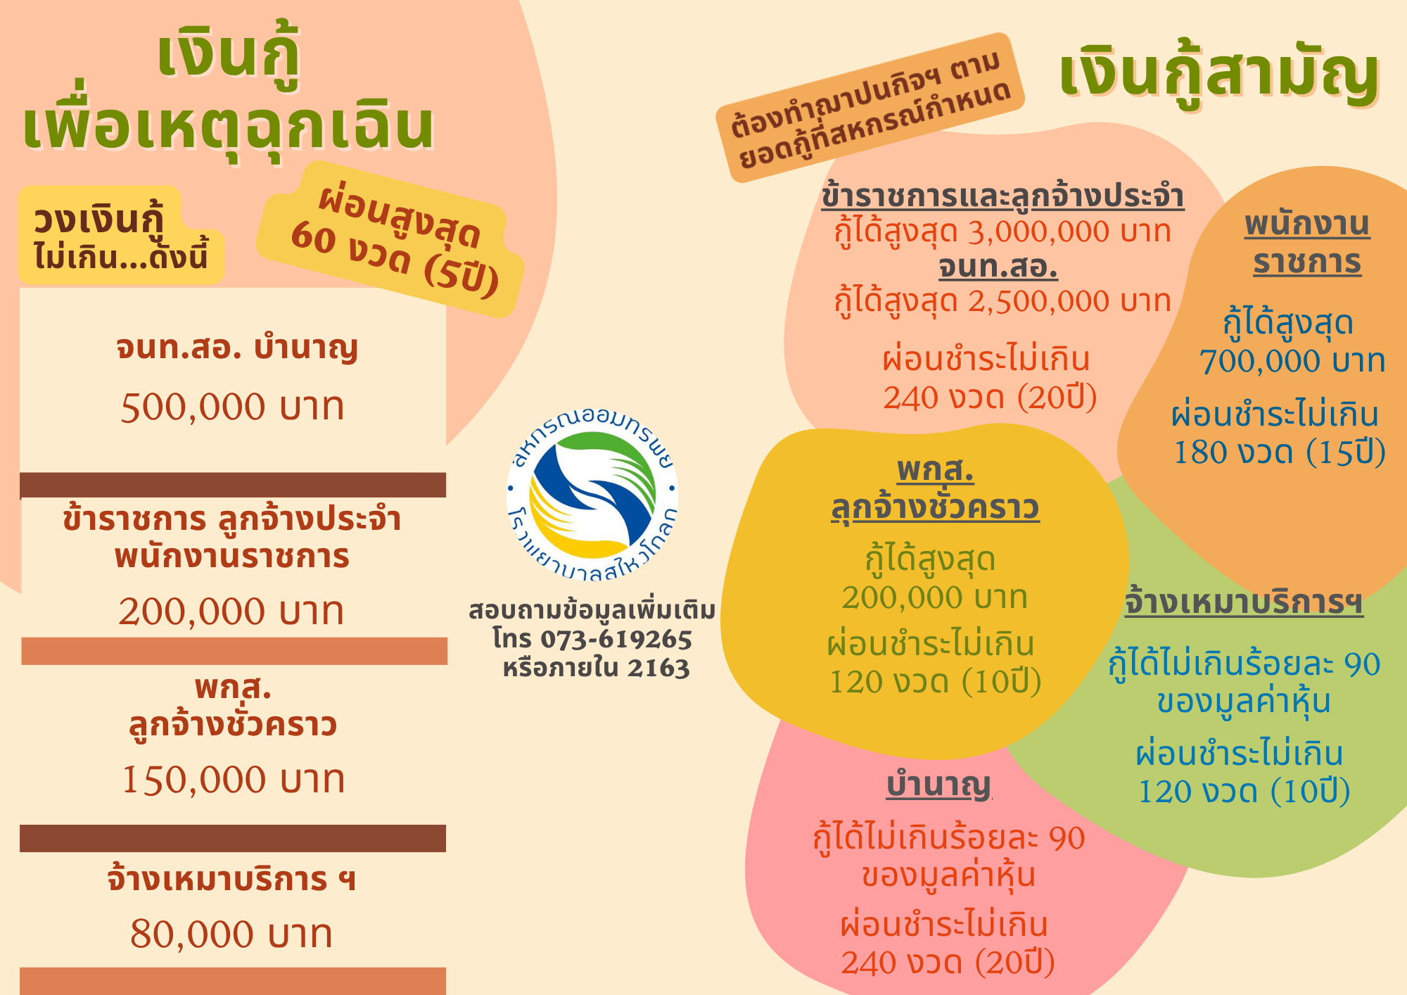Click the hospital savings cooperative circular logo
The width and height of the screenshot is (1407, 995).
tap(592, 495)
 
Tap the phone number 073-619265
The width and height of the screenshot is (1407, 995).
tap(616, 639)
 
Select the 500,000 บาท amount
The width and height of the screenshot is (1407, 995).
tap(232, 407)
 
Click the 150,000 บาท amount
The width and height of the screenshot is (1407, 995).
tap(234, 780)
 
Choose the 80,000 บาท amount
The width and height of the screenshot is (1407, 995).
tap(231, 934)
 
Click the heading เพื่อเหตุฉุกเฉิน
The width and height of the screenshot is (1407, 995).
tap(229, 127)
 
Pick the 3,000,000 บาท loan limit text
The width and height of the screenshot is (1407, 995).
tap(1069, 232)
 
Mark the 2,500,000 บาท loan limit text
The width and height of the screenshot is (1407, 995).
tap(1069, 301)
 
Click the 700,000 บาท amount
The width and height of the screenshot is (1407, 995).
tap(1292, 361)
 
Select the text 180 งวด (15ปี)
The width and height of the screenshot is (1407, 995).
tap(1280, 452)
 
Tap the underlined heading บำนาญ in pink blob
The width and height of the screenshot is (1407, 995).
tap(939, 785)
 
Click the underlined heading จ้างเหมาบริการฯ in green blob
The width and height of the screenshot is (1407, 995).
tap(1244, 602)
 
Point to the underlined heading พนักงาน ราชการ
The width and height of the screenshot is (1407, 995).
tap(1307, 243)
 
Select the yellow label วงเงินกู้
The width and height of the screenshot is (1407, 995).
tap(98, 220)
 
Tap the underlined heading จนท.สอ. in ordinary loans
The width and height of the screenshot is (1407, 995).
tap(998, 267)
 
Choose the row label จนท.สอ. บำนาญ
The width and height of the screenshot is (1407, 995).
tap(237, 348)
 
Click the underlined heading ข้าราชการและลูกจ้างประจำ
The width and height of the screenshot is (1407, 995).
tap(1003, 196)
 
